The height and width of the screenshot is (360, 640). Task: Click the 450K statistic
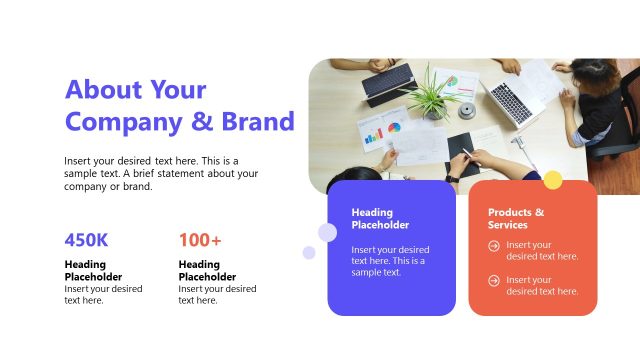(x=86, y=240)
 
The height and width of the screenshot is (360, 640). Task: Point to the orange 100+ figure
(x=200, y=240)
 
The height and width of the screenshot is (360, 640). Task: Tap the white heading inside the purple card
(x=380, y=218)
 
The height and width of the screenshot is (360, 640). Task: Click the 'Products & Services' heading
(x=516, y=218)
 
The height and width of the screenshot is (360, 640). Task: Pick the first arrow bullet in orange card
(x=494, y=245)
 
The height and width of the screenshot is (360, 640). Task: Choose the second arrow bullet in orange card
(x=494, y=280)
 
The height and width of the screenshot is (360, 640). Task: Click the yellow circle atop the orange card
(x=552, y=180)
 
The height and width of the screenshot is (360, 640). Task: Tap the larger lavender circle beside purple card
(x=327, y=233)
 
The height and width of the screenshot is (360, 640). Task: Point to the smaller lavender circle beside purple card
(x=309, y=253)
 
